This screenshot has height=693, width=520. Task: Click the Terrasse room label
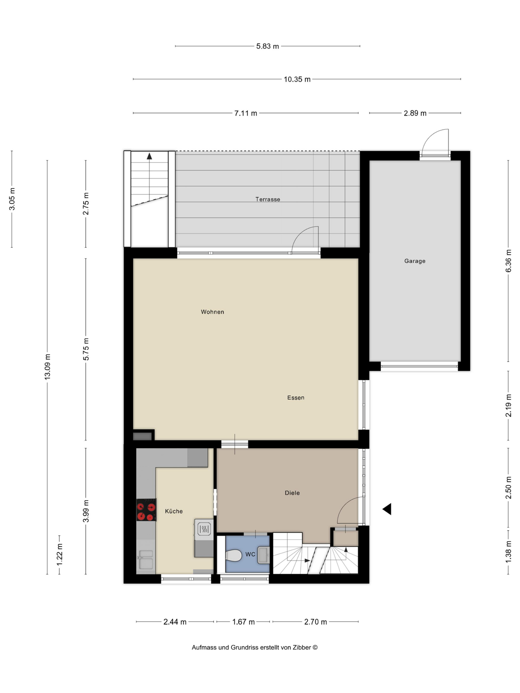268,199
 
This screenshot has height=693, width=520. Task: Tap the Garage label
415,261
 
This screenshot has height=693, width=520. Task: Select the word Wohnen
212,312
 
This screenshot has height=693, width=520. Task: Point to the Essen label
296,398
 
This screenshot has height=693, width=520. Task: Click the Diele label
292,493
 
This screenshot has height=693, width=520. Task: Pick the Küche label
174,511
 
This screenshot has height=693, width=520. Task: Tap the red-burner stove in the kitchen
146,510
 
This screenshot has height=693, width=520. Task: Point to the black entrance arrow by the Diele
387,509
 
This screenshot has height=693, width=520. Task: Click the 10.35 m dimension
297,79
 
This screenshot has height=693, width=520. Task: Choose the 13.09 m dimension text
47,367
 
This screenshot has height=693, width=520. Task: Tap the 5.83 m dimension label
267,46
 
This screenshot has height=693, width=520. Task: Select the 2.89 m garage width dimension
415,113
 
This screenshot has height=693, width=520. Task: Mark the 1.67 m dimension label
244,622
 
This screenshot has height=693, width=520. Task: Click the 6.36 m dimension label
508,261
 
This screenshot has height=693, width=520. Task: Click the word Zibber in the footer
302,647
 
